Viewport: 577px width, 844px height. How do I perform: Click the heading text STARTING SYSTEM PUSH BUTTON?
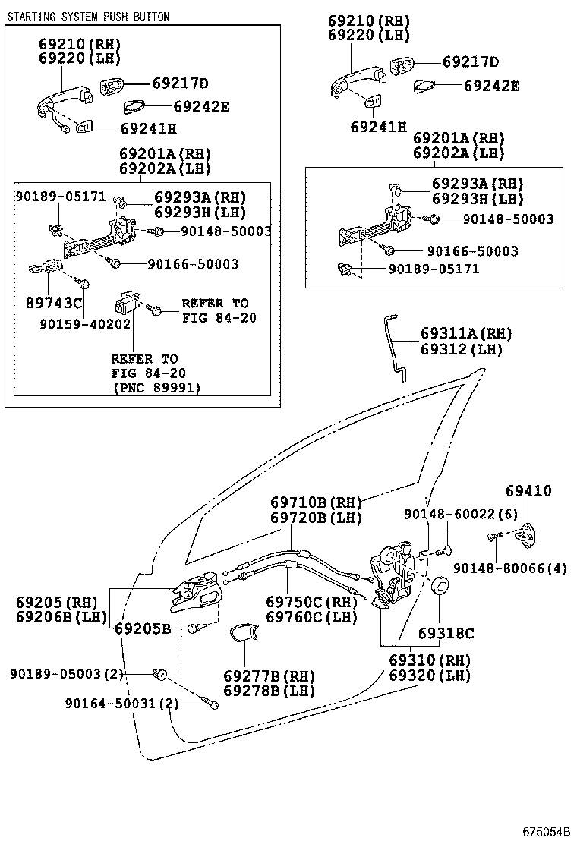(x=89, y=17)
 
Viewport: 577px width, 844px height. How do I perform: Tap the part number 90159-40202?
(x=84, y=323)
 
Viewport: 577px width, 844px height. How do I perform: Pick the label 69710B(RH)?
(x=316, y=502)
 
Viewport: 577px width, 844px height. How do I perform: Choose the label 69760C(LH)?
(x=311, y=617)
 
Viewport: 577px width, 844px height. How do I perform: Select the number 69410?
(x=528, y=491)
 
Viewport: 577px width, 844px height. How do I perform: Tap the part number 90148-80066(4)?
(x=510, y=568)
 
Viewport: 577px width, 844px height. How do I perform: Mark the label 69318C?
(x=446, y=633)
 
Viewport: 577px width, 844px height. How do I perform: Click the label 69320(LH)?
(x=430, y=675)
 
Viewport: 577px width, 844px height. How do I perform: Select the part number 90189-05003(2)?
(x=67, y=673)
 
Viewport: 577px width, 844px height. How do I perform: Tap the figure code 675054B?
(x=545, y=830)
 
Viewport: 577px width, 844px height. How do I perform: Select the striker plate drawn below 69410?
(x=522, y=536)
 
